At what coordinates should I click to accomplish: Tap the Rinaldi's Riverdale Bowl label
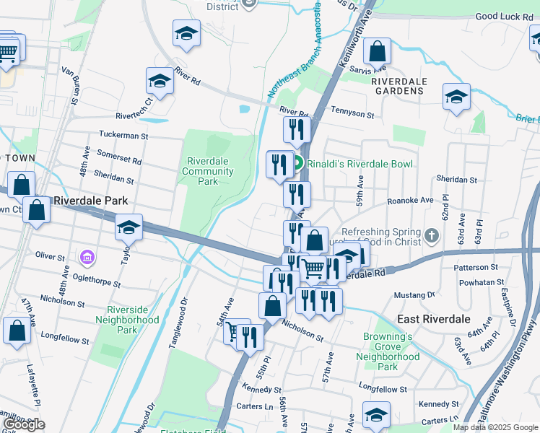pos(360,164)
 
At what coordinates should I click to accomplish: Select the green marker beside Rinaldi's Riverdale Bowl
pos(297,164)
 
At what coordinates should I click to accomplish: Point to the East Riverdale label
pos(434,318)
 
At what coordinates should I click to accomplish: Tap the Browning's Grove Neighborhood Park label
pos(388,351)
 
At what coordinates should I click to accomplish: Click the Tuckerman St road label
pos(123,135)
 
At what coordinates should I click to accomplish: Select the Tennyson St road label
pos(352,114)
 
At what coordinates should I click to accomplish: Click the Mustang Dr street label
pos(414,295)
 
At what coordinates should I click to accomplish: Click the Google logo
pos(24,424)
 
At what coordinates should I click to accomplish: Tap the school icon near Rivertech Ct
pos(160,82)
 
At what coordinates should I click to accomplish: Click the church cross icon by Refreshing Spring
pos(432,235)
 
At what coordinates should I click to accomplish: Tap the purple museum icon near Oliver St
pos(87,257)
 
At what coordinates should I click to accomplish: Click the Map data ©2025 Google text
pos(495,427)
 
